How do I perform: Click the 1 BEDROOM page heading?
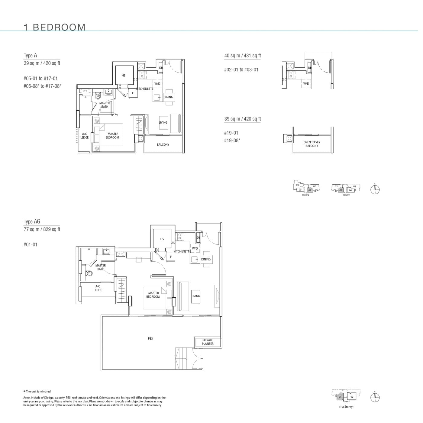tap(55, 27)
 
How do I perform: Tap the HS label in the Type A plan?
tap(123, 76)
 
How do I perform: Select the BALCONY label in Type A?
tap(163, 145)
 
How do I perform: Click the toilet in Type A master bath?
tap(98, 96)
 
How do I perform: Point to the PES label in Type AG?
tap(150, 339)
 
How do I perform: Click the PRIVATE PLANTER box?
tap(208, 342)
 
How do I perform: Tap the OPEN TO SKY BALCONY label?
tap(312, 144)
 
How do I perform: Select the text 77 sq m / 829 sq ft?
tap(42, 229)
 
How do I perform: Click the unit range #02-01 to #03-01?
tap(241, 70)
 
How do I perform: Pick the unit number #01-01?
tap(31, 245)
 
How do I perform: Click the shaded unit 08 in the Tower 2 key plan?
tap(310, 190)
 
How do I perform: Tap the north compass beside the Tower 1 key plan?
tap(375, 189)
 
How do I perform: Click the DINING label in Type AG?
tap(206, 259)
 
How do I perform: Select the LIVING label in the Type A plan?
tap(163, 122)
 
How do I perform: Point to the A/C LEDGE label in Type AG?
tap(98, 288)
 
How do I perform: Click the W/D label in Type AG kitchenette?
tap(195, 249)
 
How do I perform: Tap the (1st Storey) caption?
tap(346, 407)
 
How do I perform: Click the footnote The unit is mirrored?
tap(37, 392)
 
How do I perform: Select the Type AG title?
tap(32, 221)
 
